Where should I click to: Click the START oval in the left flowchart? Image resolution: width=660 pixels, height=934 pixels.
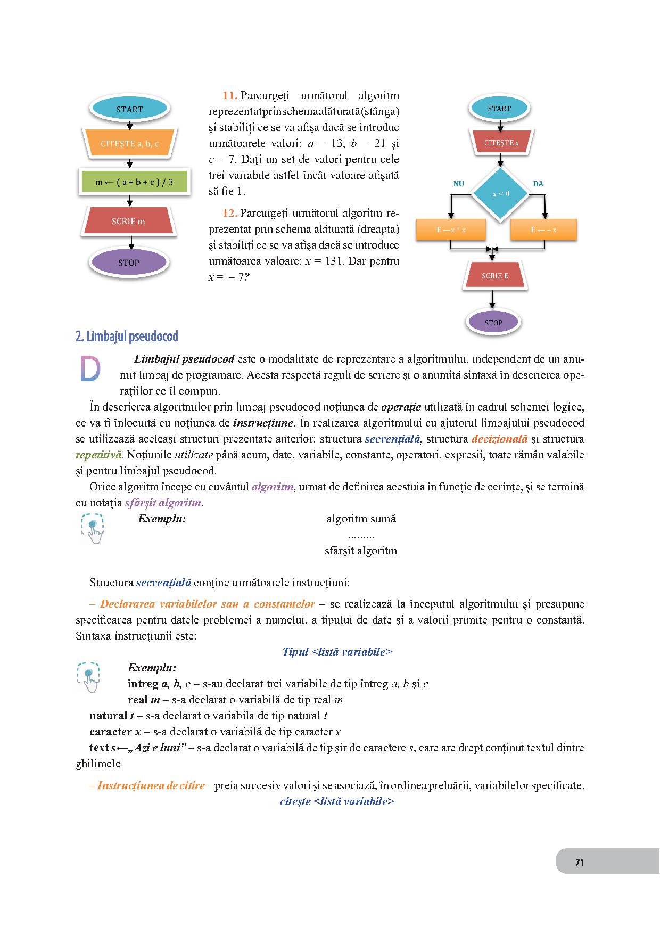(x=130, y=109)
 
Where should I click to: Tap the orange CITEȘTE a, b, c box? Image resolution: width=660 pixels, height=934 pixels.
(x=130, y=144)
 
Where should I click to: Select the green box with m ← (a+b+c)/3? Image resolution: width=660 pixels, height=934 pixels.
(x=134, y=182)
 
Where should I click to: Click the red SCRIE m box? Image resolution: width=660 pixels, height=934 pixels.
(x=129, y=221)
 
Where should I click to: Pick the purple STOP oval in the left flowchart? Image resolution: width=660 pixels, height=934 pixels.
(x=129, y=263)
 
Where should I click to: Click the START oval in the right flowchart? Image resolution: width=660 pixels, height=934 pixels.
(x=499, y=109)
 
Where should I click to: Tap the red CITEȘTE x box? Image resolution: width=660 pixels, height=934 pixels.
(x=501, y=143)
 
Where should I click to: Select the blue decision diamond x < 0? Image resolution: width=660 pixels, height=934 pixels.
(x=501, y=194)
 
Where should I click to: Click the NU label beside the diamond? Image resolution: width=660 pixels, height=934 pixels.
(x=458, y=184)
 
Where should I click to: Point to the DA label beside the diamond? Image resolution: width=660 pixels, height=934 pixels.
(x=538, y=184)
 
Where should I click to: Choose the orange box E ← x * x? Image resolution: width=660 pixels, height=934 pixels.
(x=451, y=230)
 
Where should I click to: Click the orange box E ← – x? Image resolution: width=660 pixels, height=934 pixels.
(x=543, y=230)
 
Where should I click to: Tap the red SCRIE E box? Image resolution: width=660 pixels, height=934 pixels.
(x=494, y=276)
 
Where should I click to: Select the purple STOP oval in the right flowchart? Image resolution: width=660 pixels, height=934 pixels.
(x=493, y=322)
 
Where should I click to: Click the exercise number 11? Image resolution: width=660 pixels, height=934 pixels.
(x=229, y=96)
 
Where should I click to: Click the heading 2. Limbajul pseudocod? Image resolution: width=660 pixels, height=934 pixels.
(x=127, y=337)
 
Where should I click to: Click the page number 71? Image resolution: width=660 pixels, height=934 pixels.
(x=580, y=862)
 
